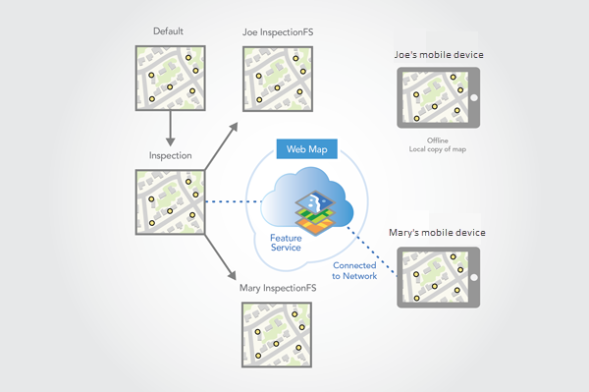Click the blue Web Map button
307,149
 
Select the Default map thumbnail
171,74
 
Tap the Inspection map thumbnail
171,202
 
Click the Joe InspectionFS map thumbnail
278,74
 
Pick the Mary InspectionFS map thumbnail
278,334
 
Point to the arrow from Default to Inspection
171,125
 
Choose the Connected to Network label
354,272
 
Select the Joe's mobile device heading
439,54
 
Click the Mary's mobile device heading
439,233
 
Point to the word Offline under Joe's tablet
438,140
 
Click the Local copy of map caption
438,149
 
